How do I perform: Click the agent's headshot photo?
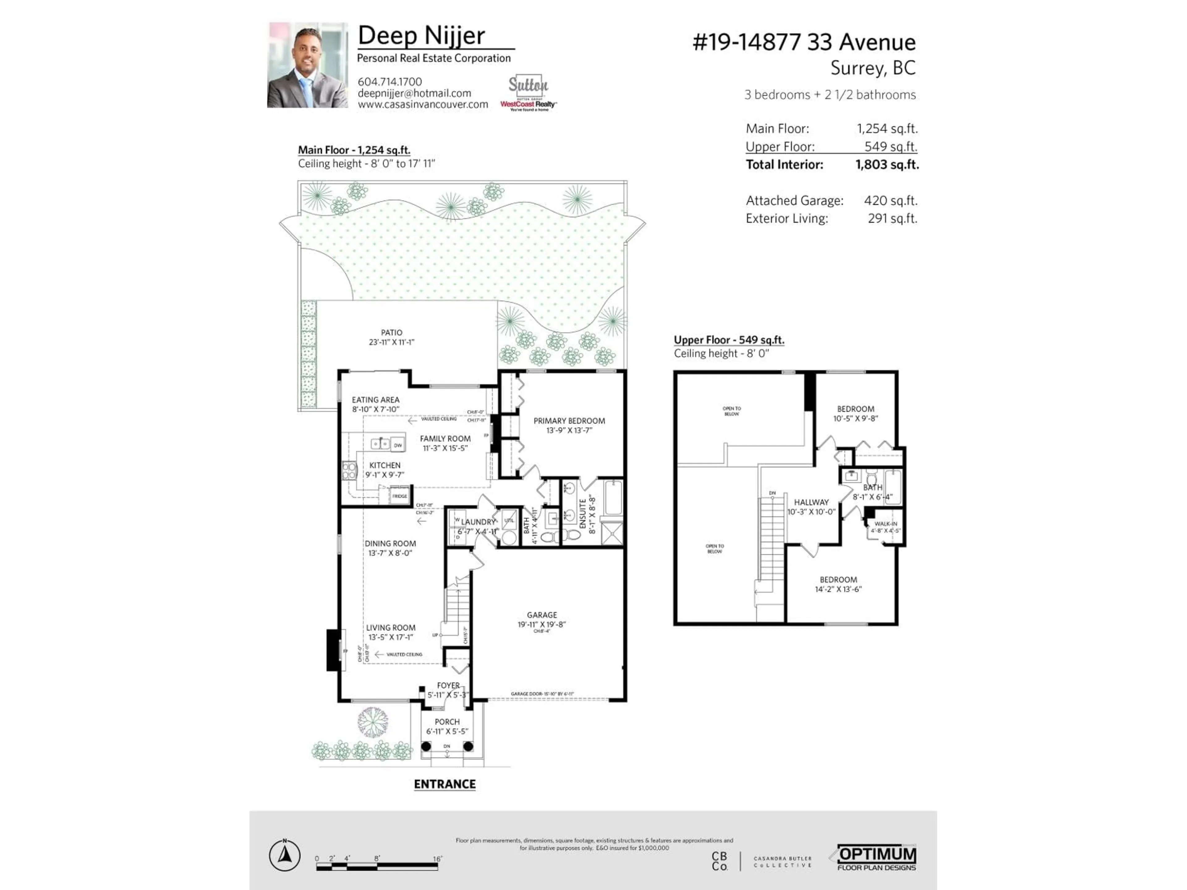click(x=308, y=65)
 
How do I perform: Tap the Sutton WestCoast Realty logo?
click(x=528, y=93)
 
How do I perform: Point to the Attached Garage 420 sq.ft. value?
click(x=890, y=201)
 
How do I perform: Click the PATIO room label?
click(x=391, y=333)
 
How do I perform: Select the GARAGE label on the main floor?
click(x=542, y=615)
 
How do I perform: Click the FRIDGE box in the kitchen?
click(x=399, y=496)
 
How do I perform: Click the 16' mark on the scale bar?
click(x=437, y=859)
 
